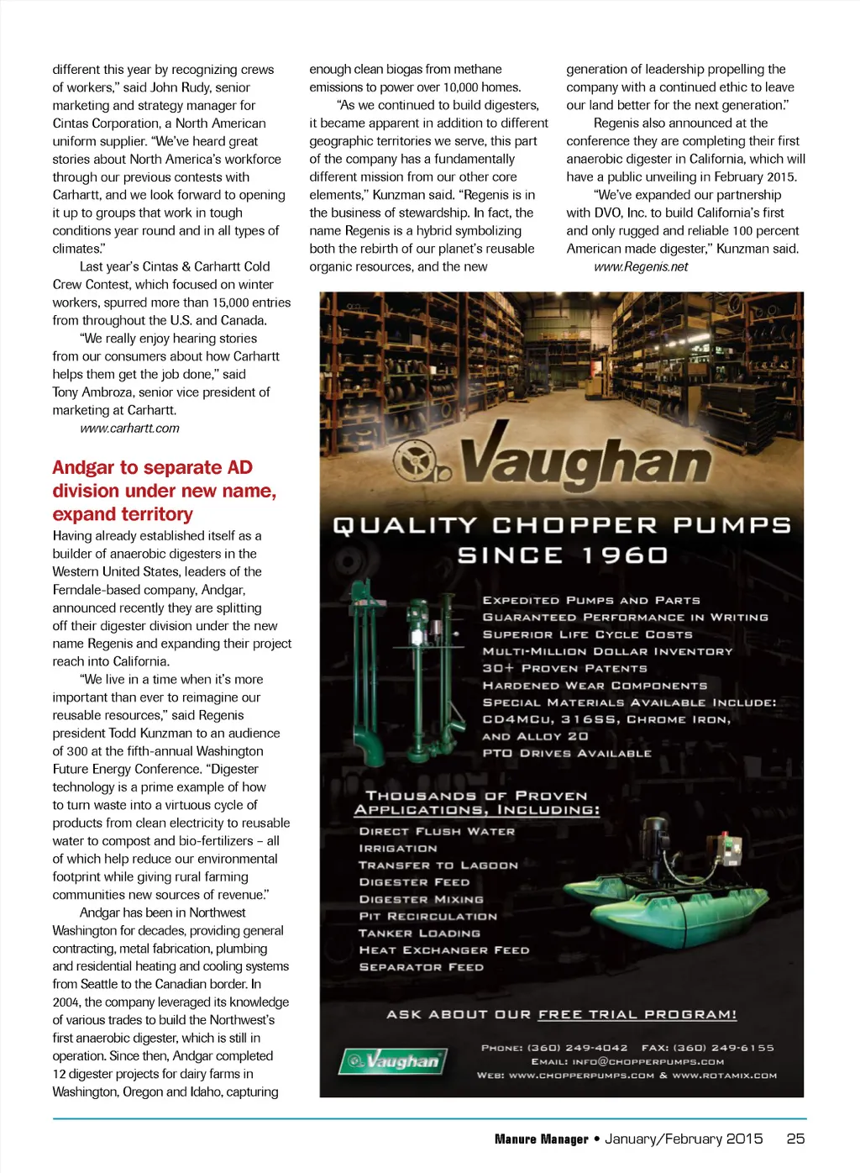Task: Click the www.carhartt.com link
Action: (x=129, y=429)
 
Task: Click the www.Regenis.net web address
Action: (x=641, y=267)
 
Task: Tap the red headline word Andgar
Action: (x=83, y=468)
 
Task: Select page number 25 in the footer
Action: (x=795, y=1139)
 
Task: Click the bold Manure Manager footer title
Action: (x=541, y=1139)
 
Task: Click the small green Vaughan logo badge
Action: (x=392, y=1061)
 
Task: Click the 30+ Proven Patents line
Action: (x=564, y=669)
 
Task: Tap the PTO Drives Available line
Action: (x=566, y=754)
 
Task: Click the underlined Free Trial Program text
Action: (x=637, y=1015)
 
